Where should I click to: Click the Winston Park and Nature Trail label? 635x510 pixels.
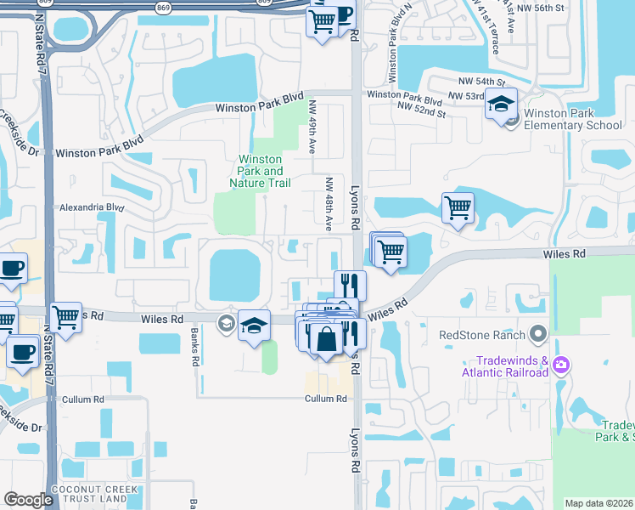(261, 171)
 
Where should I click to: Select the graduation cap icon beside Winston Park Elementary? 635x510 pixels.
(501, 105)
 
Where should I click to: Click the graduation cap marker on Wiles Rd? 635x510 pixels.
(254, 326)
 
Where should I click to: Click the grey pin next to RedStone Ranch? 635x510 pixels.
(537, 334)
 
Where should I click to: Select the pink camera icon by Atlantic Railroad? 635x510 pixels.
(560, 365)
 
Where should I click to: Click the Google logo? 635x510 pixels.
(28, 500)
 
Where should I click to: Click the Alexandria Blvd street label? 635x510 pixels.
(92, 207)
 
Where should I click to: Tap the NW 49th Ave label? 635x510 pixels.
(312, 127)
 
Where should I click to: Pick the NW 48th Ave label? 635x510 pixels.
(329, 204)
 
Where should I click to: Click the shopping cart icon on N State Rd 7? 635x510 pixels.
(65, 317)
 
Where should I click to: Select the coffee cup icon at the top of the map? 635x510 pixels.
(341, 15)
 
